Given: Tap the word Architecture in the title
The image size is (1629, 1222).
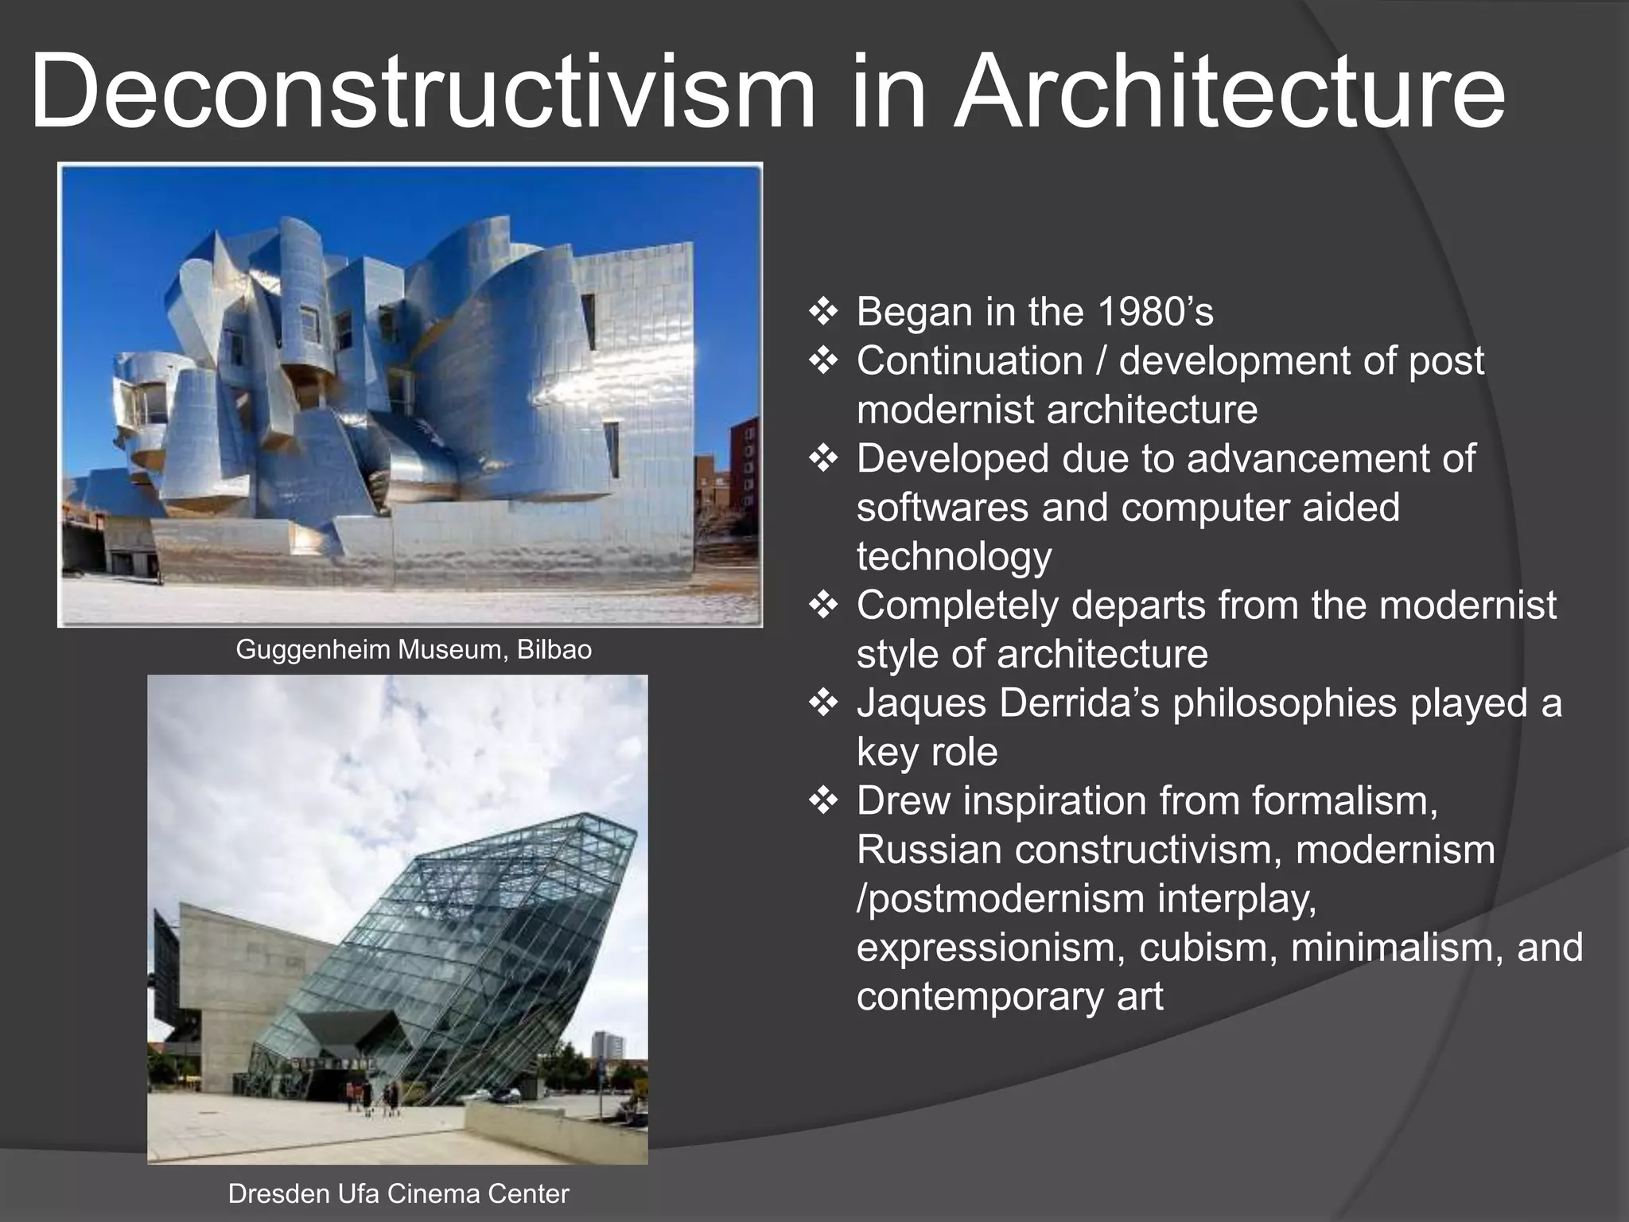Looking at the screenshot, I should click(x=1229, y=91).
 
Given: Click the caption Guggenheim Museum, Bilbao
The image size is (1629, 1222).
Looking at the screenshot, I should click(x=414, y=650).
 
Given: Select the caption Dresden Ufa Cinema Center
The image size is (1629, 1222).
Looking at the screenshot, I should click(x=399, y=1193).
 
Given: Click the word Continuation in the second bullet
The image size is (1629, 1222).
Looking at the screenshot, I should click(x=969, y=361).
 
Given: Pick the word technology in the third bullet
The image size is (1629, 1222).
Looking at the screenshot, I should click(x=954, y=556).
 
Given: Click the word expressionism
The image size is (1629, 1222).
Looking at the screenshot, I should click(x=989, y=948).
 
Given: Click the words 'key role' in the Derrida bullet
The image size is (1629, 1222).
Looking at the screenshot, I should click(x=927, y=753).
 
